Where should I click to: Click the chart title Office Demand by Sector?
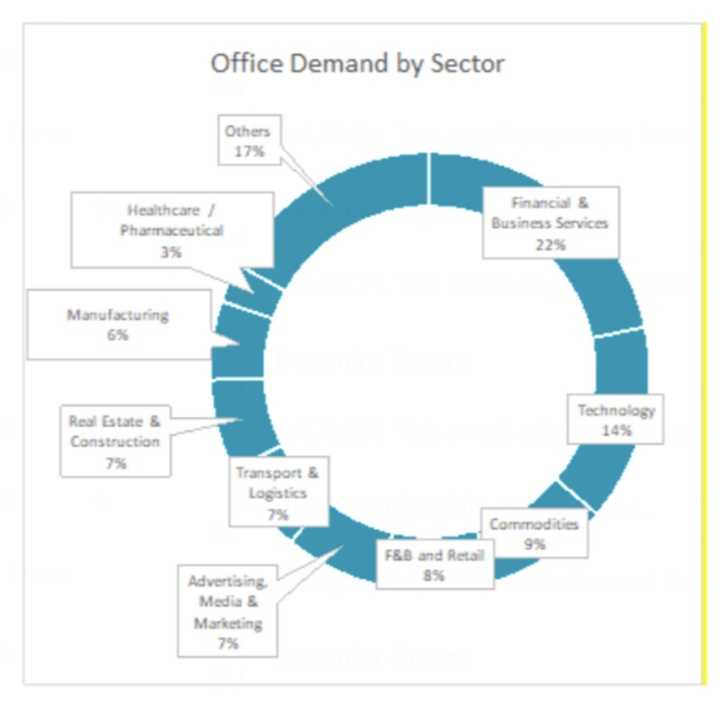pos(357,63)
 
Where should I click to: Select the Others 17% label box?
pos(249,140)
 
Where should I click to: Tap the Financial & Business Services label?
pos(550,223)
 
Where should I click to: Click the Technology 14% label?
pos(615,420)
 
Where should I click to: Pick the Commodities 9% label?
pos(534,533)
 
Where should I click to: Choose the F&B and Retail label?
pos(435,565)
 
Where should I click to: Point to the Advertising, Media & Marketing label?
pos(227,611)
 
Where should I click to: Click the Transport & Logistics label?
pos(278,492)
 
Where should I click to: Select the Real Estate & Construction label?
pos(115,441)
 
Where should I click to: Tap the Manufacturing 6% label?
pos(118,324)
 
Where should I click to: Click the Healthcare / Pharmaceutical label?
pos(172,230)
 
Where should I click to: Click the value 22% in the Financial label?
pos(550,245)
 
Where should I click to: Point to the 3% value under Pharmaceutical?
pos(171,252)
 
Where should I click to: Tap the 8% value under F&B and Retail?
pos(434,575)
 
